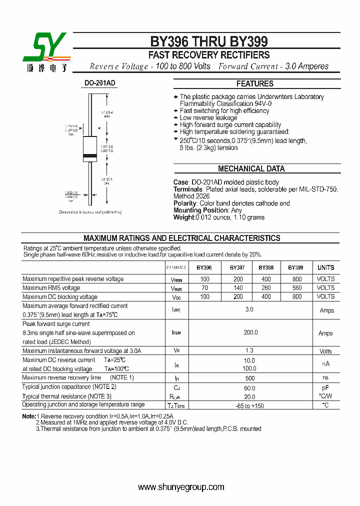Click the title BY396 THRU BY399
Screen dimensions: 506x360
[209, 41]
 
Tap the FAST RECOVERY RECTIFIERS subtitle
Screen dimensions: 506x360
[209, 55]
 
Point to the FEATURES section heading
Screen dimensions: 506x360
[255, 84]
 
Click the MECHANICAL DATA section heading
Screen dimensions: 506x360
[251, 169]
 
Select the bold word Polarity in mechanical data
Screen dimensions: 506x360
[185, 203]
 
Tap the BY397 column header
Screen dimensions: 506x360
[237, 268]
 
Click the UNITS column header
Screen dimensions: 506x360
[326, 268]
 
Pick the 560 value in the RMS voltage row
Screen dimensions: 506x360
[297, 288]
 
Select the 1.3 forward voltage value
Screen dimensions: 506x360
[249, 351]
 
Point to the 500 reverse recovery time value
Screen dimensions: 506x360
[249, 378]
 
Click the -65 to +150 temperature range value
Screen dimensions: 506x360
[249, 405]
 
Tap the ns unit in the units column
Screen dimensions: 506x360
[325, 378]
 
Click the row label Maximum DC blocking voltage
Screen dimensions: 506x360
[60, 297]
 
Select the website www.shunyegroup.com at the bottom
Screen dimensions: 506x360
[181, 487]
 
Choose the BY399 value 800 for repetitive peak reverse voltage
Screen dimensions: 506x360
[297, 279]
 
